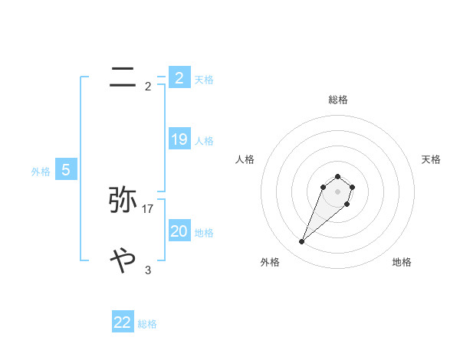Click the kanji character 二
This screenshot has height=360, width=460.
pos(123,77)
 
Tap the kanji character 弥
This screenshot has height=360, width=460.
pos(123,200)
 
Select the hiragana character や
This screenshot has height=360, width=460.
pos(123,261)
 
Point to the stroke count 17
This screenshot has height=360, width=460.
pos(148,208)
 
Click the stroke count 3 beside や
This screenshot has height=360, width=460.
pos(148,270)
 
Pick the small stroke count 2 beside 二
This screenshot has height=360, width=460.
pos(148,86)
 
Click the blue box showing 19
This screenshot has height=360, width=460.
pos(179,139)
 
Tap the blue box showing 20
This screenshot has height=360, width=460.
pos(179,231)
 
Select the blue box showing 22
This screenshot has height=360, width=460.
pos(123,322)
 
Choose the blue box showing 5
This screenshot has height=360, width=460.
pos(66,170)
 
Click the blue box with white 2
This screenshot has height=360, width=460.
pos(179,77)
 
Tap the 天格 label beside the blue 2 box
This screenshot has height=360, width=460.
pos(204,79)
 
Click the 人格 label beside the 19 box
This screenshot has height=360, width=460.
pos(204,141)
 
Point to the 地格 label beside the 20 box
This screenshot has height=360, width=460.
pos(204,232)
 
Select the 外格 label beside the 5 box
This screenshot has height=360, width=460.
pos(41,172)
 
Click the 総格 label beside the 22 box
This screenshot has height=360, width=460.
pos(147,324)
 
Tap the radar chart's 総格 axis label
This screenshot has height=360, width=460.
pos(338,100)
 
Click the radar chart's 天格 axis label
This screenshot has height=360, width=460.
pos(431,159)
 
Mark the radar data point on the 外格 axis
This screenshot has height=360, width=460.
pos(302,242)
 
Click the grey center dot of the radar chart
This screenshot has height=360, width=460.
pos(337,191)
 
